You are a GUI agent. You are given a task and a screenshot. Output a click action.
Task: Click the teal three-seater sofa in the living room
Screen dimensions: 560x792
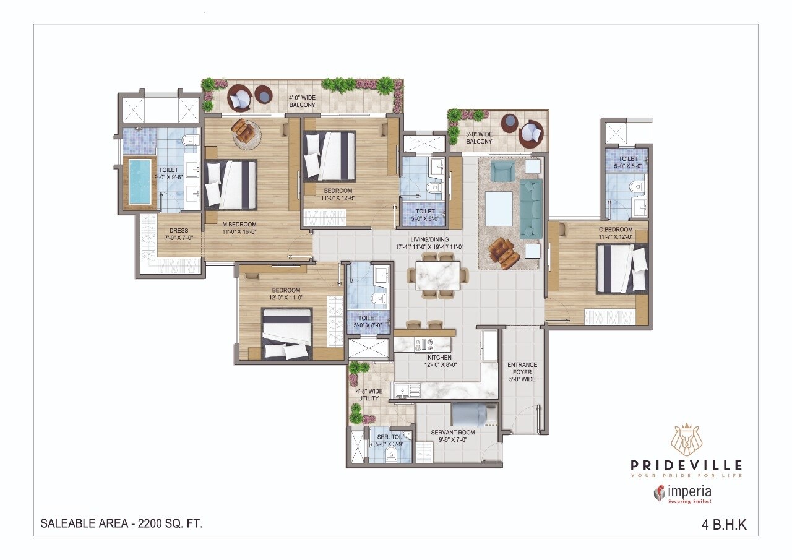pos(530,209)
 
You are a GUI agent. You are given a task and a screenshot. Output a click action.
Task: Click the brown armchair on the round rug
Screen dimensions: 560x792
pos(246,131)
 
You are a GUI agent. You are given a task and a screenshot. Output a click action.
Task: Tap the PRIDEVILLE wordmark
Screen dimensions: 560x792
pos(686,465)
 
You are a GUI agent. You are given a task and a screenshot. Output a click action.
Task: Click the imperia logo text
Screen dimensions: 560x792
pos(689,492)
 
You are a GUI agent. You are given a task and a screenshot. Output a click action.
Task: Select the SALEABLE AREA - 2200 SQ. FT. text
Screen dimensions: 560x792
pos(121,523)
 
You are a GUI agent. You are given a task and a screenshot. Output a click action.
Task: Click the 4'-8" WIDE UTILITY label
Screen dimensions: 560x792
pos(369,395)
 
